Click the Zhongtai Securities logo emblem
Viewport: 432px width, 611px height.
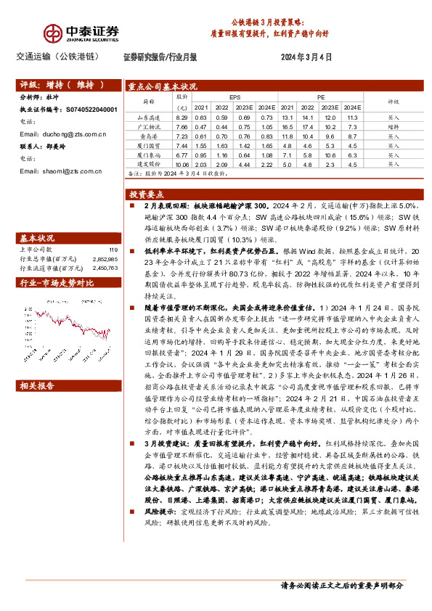tap(54, 33)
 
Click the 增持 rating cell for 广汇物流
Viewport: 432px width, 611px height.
tap(393, 126)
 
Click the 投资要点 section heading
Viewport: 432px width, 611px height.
tap(147, 194)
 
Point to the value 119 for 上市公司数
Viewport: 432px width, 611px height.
tap(113, 249)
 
